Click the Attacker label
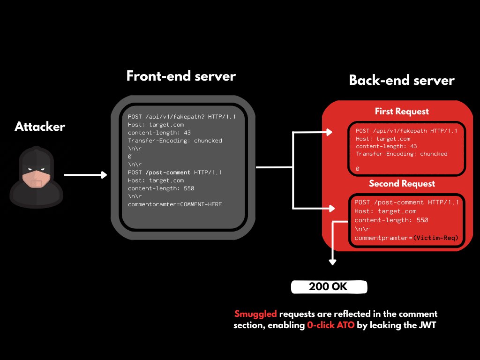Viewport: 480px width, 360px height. pyautogui.click(x=40, y=127)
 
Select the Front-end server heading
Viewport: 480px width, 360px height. pyautogui.click(x=181, y=76)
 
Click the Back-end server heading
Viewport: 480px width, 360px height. pyautogui.click(x=402, y=80)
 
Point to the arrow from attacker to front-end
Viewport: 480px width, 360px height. pyautogui.click(x=85, y=175)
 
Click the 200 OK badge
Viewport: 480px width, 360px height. pyautogui.click(x=329, y=287)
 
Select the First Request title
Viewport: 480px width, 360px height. pyautogui.click(x=402, y=112)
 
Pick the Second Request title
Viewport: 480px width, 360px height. pyautogui.click(x=402, y=184)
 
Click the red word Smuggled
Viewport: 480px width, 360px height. pyautogui.click(x=255, y=314)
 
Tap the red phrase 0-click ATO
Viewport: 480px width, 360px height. pyautogui.click(x=330, y=325)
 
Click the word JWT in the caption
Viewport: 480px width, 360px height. pyautogui.click(x=427, y=325)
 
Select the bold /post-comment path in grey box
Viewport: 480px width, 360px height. pyautogui.click(x=168, y=172)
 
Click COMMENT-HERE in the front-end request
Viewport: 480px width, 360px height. pyautogui.click(x=201, y=204)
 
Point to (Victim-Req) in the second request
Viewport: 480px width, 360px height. pyautogui.click(x=435, y=238)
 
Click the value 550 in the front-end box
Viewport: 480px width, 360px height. pyautogui.click(x=189, y=188)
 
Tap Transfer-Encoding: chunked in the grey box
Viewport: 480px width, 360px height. pyautogui.click(x=175, y=141)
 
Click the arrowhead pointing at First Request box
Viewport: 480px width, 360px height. pyautogui.click(x=329, y=132)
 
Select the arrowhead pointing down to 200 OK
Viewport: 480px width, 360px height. pyautogui.click(x=333, y=262)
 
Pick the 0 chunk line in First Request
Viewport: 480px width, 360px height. pyautogui.click(x=358, y=169)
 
